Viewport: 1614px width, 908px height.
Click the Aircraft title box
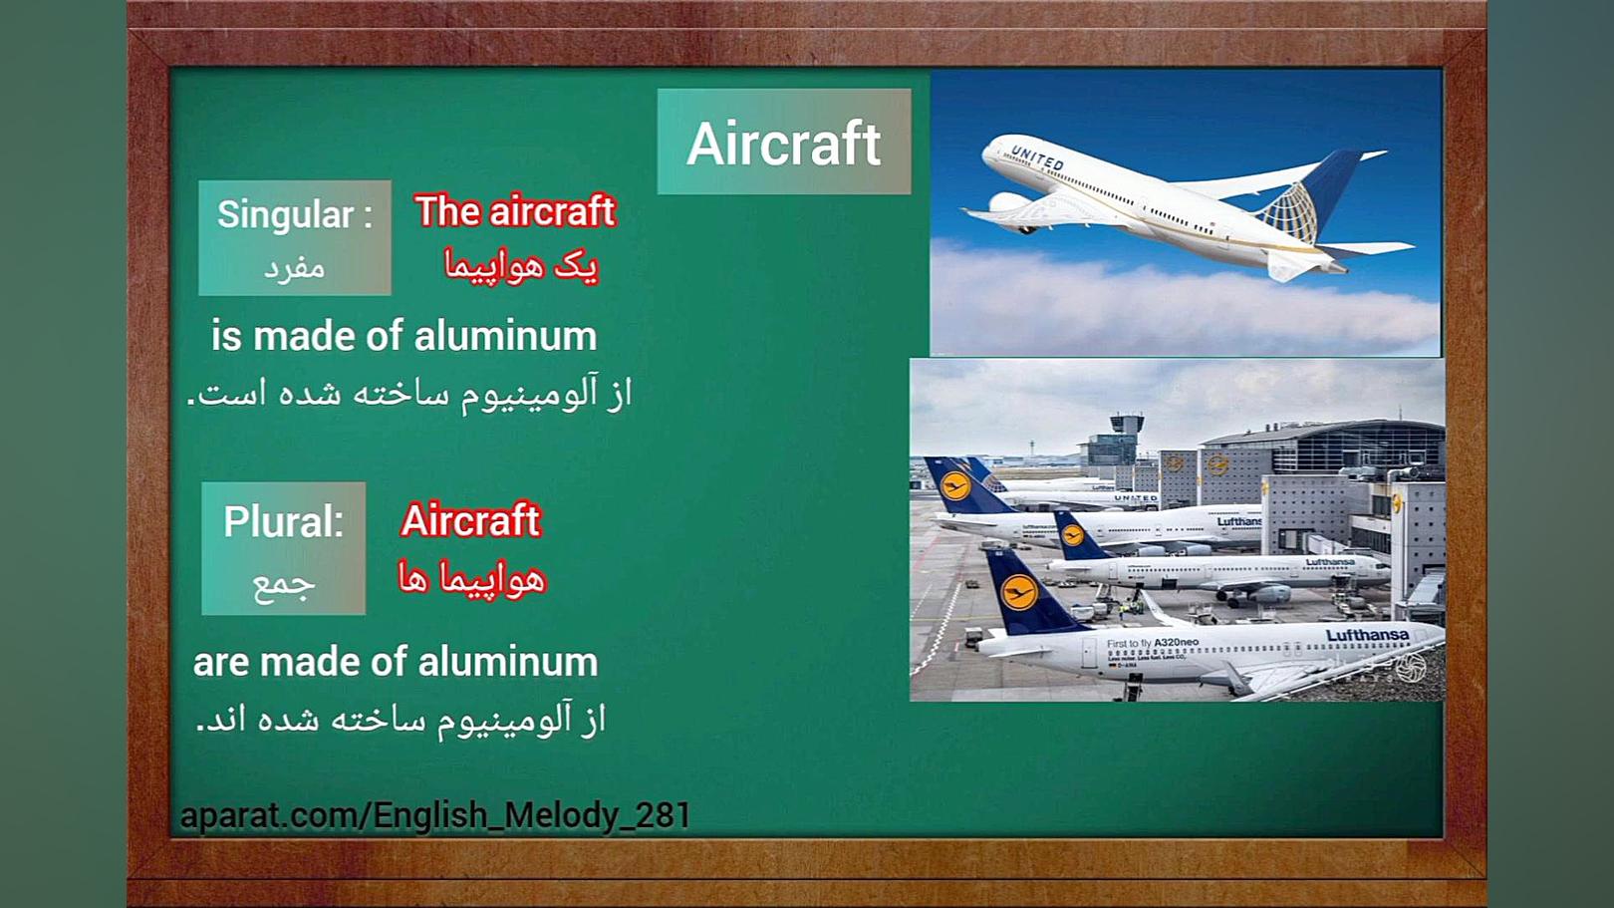click(784, 142)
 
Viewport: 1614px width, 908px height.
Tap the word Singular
click(285, 214)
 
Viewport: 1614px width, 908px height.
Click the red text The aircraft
click(515, 211)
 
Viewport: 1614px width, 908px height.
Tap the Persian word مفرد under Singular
click(294, 269)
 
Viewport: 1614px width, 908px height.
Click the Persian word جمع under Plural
click(283, 584)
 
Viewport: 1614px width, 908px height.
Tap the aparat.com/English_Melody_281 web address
click(435, 815)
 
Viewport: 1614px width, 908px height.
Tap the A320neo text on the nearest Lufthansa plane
click(1176, 642)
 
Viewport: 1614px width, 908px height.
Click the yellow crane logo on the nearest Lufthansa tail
click(1019, 592)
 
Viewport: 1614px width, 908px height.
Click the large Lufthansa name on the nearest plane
click(1367, 635)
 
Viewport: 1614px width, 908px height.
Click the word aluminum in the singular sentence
click(506, 337)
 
